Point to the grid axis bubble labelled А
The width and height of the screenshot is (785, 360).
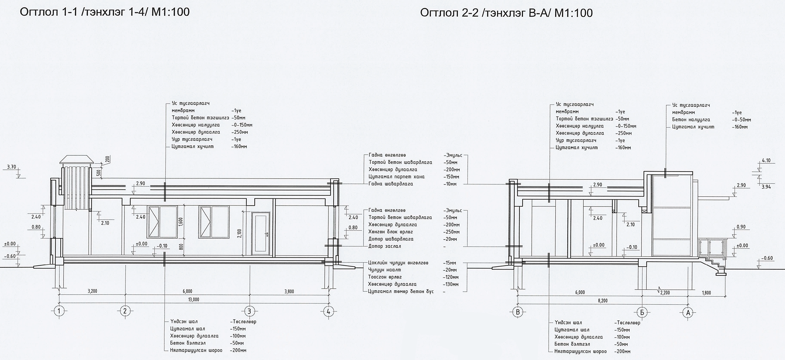pyautogui.click(x=688, y=312)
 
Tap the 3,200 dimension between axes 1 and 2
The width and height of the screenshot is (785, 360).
pyautogui.click(x=92, y=291)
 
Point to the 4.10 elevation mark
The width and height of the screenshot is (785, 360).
pyautogui.click(x=766, y=161)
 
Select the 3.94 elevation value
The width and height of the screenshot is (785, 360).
pyautogui.click(x=766, y=187)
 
